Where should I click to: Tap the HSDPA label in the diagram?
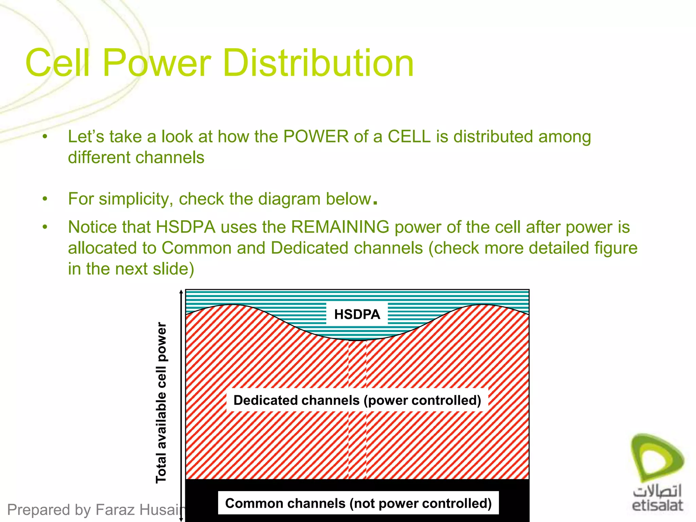click(357, 314)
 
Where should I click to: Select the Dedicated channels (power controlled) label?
click(357, 400)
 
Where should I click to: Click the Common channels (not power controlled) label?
click(358, 503)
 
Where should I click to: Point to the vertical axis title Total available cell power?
click(161, 403)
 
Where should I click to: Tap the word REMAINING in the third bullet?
click(340, 227)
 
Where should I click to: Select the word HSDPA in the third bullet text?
click(186, 227)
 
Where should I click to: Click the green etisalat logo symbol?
click(657, 457)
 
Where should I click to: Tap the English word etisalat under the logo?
click(657, 505)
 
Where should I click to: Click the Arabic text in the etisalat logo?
click(657, 491)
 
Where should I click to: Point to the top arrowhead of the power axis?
click(181, 292)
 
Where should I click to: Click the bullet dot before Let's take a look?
click(45, 137)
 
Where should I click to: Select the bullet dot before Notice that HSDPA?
click(45, 227)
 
